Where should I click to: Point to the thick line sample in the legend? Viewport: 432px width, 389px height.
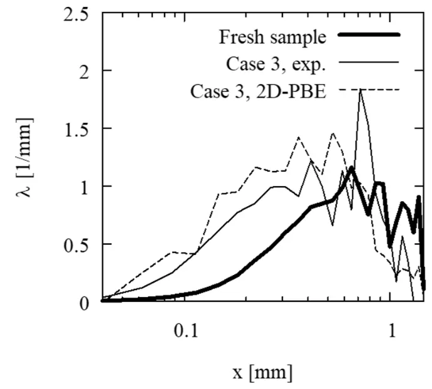369,36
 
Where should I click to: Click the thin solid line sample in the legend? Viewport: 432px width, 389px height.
369,63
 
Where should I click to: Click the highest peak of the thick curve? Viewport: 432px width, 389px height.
352,168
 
